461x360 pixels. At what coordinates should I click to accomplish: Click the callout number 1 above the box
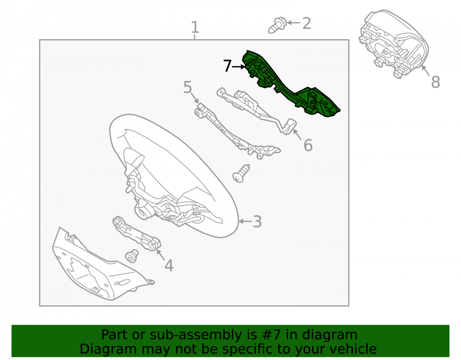[x=195, y=27]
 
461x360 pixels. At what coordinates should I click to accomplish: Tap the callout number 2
[x=307, y=23]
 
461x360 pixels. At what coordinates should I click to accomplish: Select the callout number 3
[x=257, y=222]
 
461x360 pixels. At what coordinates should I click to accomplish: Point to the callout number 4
[x=169, y=266]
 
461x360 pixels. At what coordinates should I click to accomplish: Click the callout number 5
[x=188, y=87]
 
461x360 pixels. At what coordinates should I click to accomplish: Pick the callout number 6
[x=308, y=145]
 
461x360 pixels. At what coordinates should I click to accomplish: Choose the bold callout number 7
[x=227, y=66]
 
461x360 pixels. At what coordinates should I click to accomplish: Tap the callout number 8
[x=436, y=82]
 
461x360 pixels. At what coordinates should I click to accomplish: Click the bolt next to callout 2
[x=277, y=25]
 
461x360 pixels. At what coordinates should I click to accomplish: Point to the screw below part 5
[x=241, y=173]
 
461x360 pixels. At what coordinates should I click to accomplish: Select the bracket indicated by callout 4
[x=137, y=234]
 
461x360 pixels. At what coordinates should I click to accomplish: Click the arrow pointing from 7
[x=239, y=67]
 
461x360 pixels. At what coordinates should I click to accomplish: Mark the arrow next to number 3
[x=245, y=221]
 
